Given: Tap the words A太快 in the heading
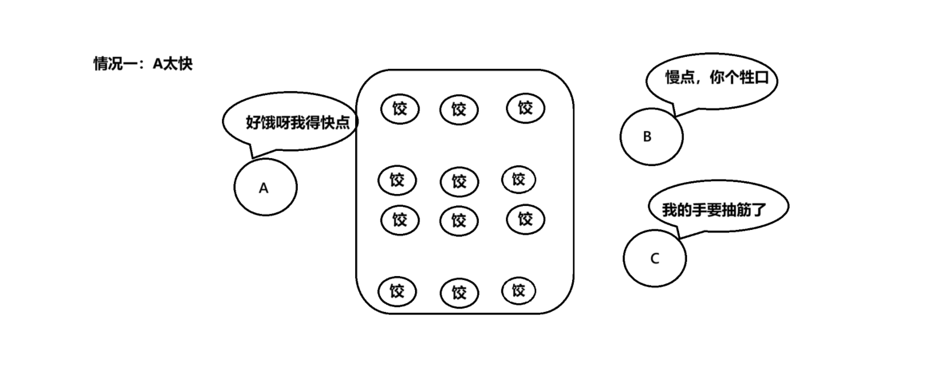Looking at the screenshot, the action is coord(172,64).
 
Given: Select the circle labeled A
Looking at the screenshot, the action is coord(265,187).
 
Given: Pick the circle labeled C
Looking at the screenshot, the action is coord(655,258).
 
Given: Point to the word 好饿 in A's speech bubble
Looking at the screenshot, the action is coord(260,122).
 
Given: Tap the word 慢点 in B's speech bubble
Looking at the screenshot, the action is coord(680,78).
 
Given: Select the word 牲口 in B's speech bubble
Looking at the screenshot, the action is coord(754,78).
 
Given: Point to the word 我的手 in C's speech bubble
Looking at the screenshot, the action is coord(684,210).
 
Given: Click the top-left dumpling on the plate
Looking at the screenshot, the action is coord(400,109).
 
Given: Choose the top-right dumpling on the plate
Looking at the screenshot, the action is coord(525,108).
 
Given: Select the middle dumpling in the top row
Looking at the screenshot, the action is coord(459,110).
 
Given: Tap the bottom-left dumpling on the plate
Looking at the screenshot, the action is coord(397,291).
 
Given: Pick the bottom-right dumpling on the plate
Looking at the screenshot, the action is coord(519,291).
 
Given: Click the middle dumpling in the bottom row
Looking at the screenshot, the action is coord(459,293).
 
